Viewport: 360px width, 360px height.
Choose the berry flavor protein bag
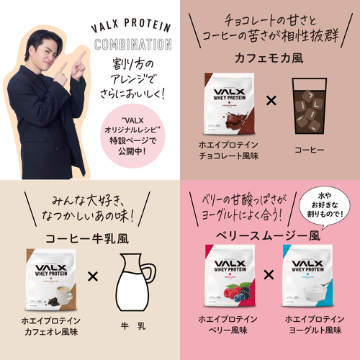[230, 278]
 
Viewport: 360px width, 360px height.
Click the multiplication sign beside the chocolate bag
[271, 100]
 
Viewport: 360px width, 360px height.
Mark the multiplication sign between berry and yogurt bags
[269, 275]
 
